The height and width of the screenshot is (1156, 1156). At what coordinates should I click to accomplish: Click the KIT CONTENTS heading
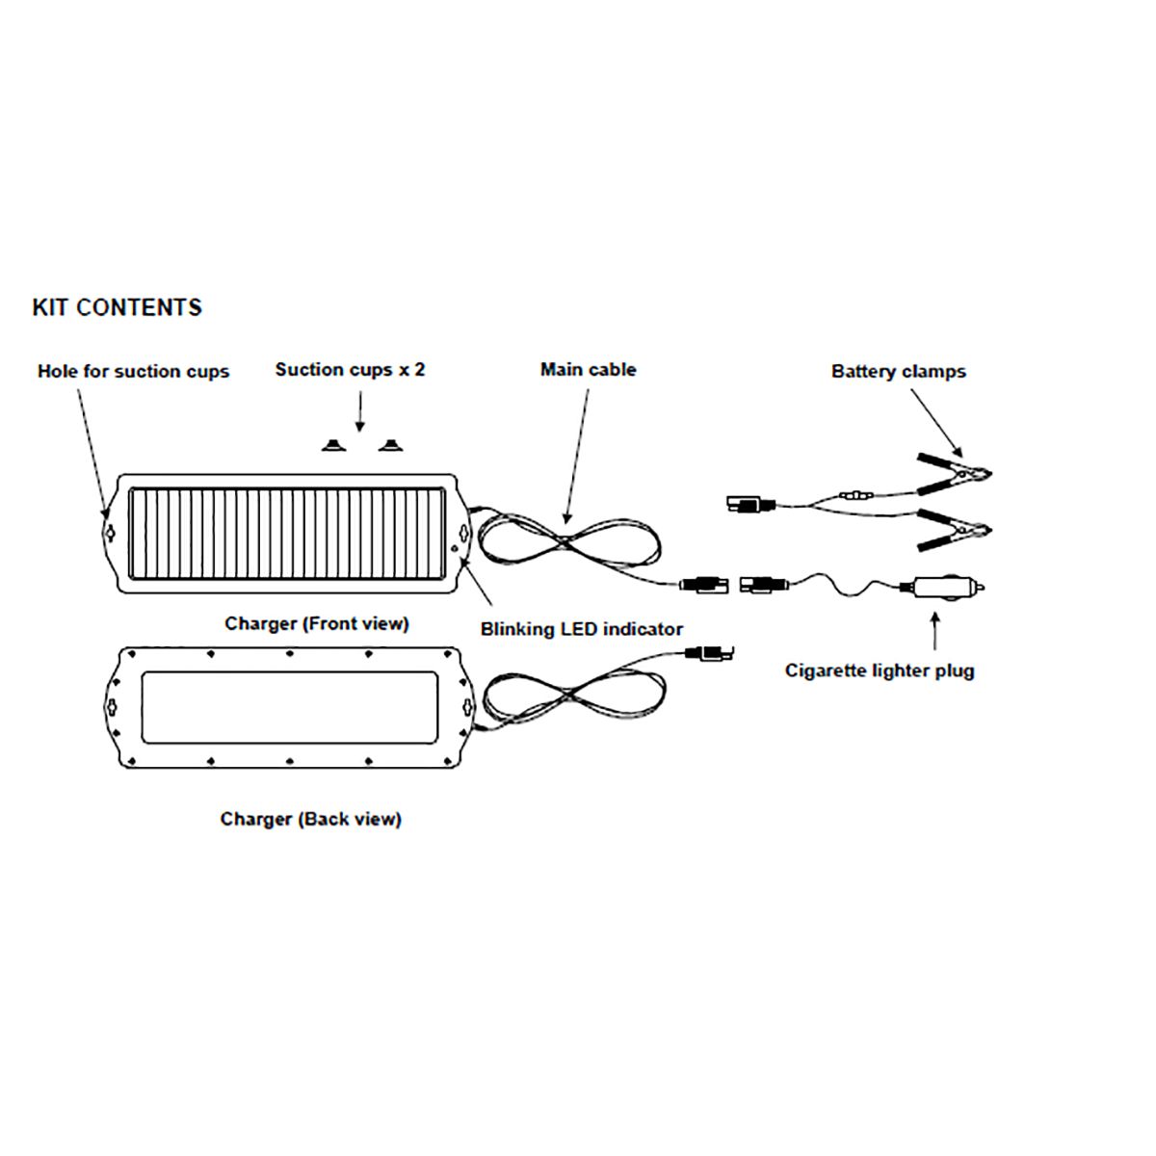pos(117,307)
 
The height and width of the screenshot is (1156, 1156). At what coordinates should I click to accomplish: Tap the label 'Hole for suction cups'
pos(133,371)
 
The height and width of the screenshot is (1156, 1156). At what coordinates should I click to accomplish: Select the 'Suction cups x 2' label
pos(350,370)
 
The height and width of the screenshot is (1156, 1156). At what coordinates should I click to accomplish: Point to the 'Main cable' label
pos(588,370)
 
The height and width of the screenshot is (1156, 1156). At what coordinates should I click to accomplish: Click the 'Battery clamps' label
pos(898,371)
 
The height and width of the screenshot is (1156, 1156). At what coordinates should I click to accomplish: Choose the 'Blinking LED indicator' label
pos(581,629)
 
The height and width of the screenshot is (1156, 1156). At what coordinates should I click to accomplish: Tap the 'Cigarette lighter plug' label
pos(879,670)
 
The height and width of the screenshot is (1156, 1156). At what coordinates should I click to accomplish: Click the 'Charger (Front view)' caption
pos(317,624)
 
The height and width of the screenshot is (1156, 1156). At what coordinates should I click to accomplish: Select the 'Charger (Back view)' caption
pos(311,819)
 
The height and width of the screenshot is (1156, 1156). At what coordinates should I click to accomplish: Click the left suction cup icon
pos(333,445)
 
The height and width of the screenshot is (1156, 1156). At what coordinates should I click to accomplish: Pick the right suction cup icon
pos(390,445)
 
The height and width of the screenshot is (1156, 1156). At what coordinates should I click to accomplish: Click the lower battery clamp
pos(954,530)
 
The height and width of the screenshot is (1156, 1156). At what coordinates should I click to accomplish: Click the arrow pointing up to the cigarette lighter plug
pos(934,630)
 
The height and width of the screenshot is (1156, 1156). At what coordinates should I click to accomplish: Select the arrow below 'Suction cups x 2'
pos(360,411)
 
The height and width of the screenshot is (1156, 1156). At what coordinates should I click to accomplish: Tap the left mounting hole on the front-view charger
pos(110,534)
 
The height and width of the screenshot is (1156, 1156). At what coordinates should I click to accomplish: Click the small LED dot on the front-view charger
pos(454,548)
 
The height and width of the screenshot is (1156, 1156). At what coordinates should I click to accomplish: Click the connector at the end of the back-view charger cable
pos(710,652)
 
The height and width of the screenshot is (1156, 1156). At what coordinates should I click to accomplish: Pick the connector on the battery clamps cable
pos(750,504)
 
